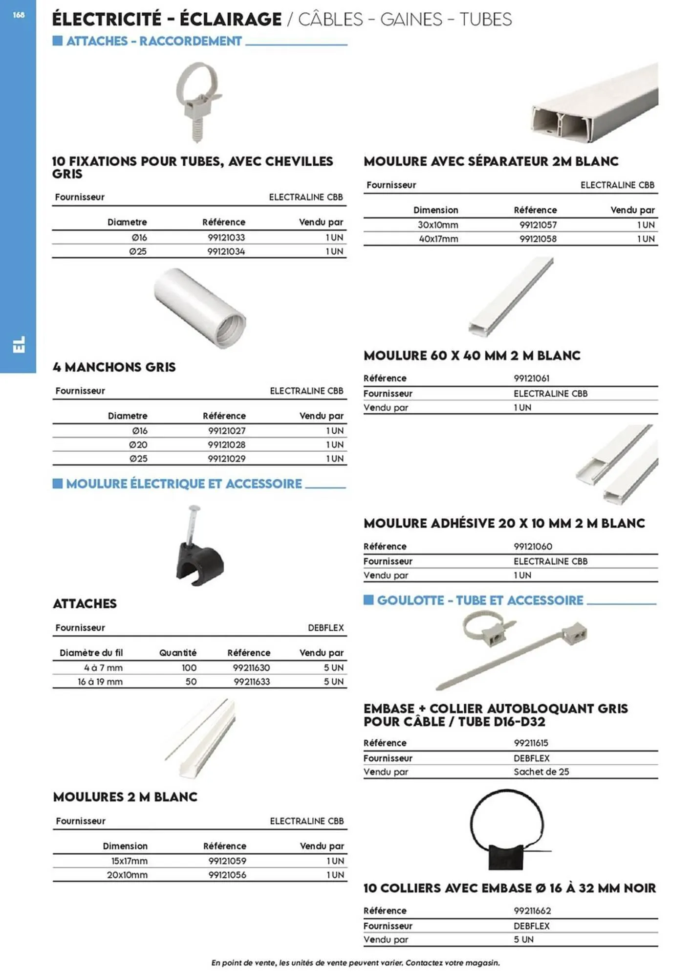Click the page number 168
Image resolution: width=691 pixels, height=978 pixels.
coord(19,15)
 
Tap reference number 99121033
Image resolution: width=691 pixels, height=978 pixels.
coord(226,237)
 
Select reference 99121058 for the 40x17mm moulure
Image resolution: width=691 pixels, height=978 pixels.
coord(538,239)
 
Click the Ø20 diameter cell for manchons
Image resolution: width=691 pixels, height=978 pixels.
coord(138,445)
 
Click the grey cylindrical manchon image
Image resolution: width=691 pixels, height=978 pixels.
coord(200,308)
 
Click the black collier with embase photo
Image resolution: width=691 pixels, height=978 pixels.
coord(506,830)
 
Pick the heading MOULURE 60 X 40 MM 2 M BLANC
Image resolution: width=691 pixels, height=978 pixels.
coord(472,356)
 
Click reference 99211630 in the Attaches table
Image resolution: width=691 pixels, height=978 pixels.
coord(251,667)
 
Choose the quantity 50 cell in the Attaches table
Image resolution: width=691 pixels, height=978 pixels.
coord(191,681)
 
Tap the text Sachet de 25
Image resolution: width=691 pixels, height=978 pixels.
coord(541,772)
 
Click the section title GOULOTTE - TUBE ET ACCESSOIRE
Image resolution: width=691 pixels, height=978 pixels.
coord(480,600)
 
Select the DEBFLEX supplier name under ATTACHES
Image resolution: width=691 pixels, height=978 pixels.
coord(325,627)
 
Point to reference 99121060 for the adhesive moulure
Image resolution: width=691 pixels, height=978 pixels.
coord(533,546)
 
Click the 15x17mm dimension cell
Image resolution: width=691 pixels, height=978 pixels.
coord(129,861)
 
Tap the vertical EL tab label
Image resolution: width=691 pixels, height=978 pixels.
coord(19,344)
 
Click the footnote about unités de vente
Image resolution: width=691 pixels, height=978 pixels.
coord(355,962)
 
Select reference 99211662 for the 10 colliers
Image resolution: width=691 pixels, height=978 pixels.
coord(532,911)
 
